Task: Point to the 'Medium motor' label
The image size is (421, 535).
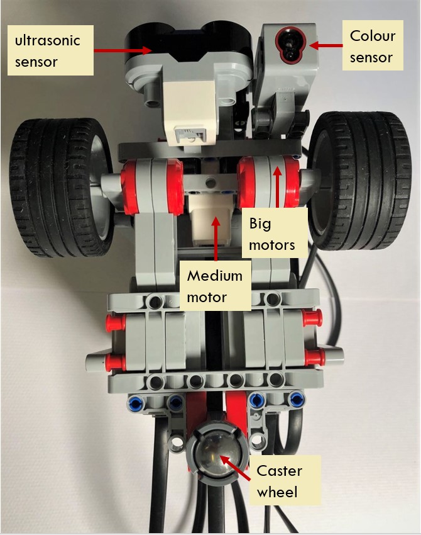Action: (215, 285)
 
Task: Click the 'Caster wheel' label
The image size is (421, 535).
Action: (281, 480)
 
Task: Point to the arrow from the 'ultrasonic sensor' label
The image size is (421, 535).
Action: (123, 48)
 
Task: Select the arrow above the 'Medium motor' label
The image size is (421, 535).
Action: (215, 239)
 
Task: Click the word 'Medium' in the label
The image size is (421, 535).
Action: (215, 276)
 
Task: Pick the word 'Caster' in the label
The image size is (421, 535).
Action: (280, 471)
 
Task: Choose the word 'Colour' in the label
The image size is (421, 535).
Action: (372, 36)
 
